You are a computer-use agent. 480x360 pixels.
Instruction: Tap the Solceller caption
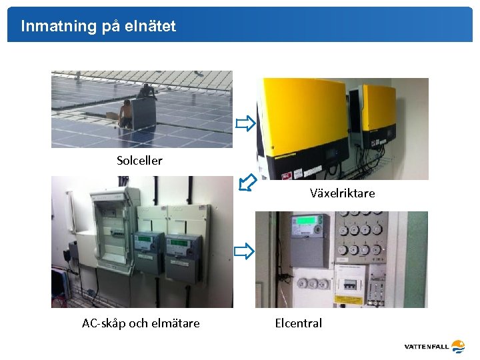coord(139,161)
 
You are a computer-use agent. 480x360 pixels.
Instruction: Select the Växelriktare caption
coord(343,193)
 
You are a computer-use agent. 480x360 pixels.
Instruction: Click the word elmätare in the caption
coord(175,323)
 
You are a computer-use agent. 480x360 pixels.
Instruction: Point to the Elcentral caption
coord(298,323)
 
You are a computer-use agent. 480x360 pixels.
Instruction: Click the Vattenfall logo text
coord(426,347)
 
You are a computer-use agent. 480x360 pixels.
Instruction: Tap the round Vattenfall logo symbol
coord(458,346)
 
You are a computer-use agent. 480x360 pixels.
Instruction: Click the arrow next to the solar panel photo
coord(245,123)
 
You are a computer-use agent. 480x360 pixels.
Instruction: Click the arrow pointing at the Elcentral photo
coord(244,251)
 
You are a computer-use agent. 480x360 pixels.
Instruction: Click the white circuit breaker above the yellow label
coord(350,283)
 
